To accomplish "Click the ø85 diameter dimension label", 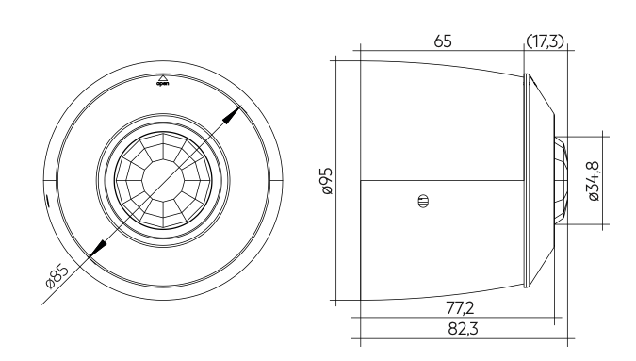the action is coord(57,276).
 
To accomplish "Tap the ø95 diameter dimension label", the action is coord(327,181).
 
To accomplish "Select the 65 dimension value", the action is coord(443,41).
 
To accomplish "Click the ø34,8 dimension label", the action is coord(594,181).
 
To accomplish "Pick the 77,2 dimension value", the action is coord(460,308).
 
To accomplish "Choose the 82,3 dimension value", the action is coord(463,329).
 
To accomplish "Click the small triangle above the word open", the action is coord(163,78).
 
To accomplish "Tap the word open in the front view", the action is coord(163,84).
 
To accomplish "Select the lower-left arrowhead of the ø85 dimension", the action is coord(98,248).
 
